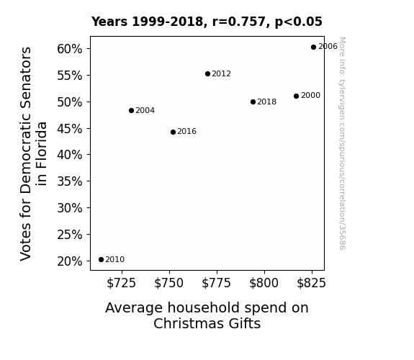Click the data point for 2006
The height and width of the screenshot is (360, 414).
pyautogui.click(x=313, y=48)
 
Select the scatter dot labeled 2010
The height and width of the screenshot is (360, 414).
pyautogui.click(x=101, y=260)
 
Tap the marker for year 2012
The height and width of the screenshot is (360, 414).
pyautogui.click(x=207, y=74)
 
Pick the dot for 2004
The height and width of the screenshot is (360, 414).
pyautogui.click(x=131, y=110)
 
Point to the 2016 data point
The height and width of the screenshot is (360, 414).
pyautogui.click(x=173, y=132)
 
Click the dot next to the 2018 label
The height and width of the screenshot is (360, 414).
pyautogui.click(x=253, y=102)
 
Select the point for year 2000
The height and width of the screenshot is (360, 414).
pyautogui.click(x=296, y=96)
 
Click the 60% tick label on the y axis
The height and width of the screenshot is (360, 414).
pyautogui.click(x=69, y=49)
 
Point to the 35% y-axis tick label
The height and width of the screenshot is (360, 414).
pyautogui.click(x=69, y=181)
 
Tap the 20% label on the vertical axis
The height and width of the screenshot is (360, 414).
pyautogui.click(x=69, y=261)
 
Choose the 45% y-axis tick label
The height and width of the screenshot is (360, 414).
pyautogui.click(x=69, y=129)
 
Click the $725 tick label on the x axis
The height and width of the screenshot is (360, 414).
pyautogui.click(x=121, y=283)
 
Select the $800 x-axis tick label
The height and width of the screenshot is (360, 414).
pyautogui.click(x=264, y=283)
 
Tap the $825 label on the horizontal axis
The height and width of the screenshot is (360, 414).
pyautogui.click(x=311, y=283)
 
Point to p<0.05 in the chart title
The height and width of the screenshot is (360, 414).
pyautogui.click(x=299, y=22)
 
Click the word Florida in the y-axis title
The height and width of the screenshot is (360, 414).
pyautogui.click(x=42, y=153)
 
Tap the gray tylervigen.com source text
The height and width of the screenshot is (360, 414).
pyautogui.click(x=342, y=143)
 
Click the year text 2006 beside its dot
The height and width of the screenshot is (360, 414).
pyautogui.click(x=328, y=47)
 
